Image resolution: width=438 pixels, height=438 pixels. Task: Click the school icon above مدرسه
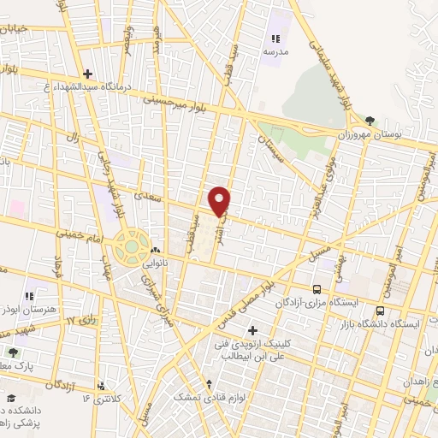coord(275,38)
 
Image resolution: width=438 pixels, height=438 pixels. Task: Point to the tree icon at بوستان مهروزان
coord(370,121)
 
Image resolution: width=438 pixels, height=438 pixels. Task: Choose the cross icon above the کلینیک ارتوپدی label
coord(252,330)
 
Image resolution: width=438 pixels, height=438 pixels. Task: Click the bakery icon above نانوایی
coord(156,251)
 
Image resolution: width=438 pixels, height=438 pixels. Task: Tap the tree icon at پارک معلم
coord(12,352)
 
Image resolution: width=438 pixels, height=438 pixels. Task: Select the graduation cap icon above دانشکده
coord(12,398)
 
